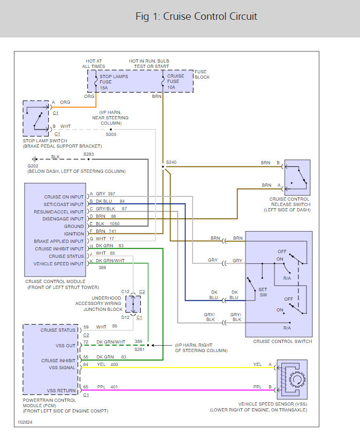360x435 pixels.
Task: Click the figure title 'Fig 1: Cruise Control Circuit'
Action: pos(196,17)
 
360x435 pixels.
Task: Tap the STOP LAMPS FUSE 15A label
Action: pos(114,82)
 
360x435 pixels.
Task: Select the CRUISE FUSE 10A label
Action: pos(175,81)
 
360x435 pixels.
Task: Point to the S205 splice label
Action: pos(111,134)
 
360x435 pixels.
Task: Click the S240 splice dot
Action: pos(163,167)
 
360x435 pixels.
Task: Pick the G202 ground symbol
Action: pos(35,159)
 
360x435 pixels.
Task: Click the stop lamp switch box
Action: pos(36,118)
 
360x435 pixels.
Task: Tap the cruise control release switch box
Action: pos(297,178)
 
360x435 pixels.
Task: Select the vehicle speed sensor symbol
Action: pos(292,379)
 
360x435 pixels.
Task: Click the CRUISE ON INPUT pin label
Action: pos(64,197)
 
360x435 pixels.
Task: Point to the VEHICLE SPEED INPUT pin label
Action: pos(58,264)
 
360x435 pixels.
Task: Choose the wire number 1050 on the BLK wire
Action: pos(114,224)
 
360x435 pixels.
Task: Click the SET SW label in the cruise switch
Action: pos(263,292)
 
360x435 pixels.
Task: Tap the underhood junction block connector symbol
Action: pos(133,304)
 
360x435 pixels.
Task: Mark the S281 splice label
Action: pos(140,349)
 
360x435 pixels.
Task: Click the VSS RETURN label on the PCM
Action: pos(61,391)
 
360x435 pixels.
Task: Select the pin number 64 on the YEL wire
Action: pos(86,364)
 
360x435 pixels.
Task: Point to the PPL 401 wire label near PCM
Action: pos(108,387)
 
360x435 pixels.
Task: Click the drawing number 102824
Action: pos(25,422)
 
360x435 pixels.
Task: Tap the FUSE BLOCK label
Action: pos(202,74)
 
